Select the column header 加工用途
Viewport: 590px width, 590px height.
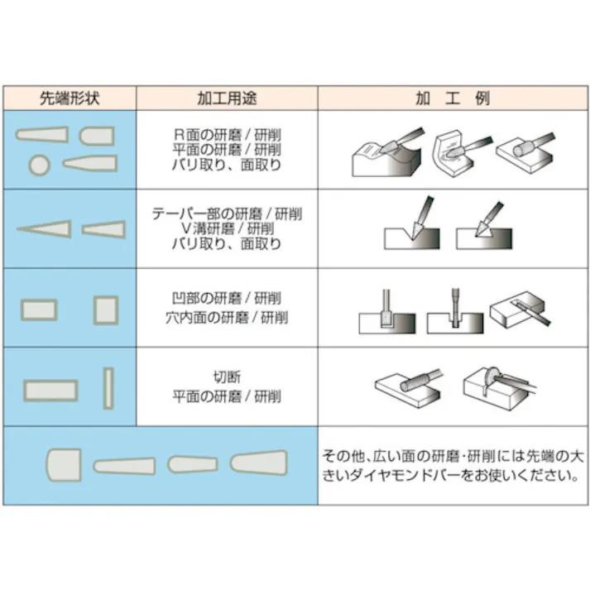[227, 98]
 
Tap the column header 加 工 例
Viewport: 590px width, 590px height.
[452, 98]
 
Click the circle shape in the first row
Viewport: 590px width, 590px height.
[38, 164]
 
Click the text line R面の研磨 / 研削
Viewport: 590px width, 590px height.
[227, 135]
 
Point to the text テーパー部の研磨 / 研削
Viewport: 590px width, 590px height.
[227, 213]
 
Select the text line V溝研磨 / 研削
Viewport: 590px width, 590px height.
[227, 228]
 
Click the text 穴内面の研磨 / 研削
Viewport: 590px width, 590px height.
[227, 317]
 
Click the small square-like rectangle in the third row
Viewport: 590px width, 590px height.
[105, 310]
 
